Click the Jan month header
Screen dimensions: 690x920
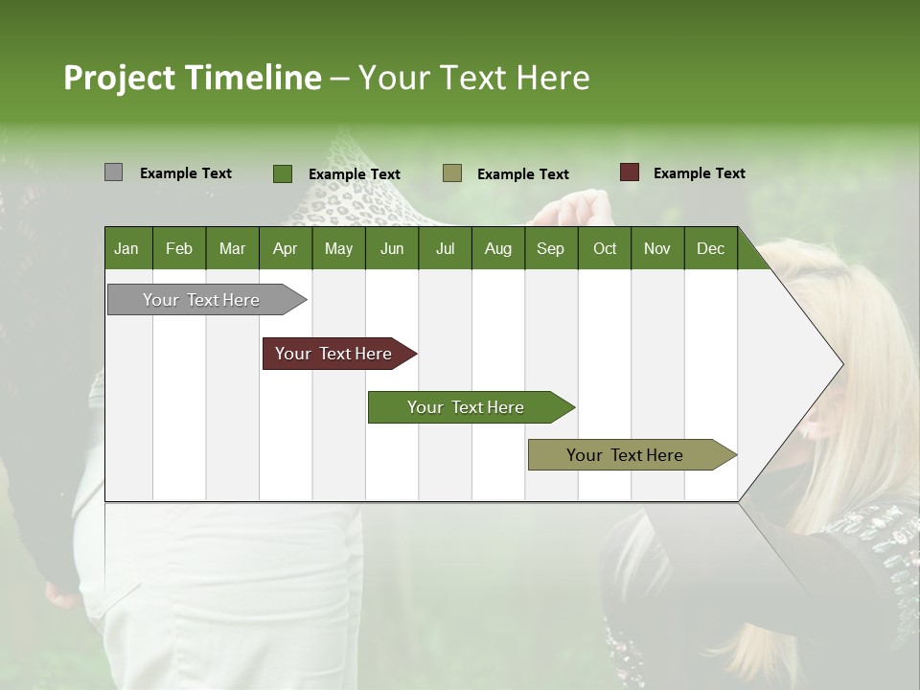point(126,248)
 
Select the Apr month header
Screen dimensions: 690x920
point(285,248)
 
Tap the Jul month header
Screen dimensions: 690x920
point(445,248)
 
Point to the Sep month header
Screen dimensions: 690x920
point(550,248)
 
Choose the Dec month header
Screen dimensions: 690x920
point(710,248)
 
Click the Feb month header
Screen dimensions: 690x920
point(179,248)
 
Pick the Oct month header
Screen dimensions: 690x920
point(605,248)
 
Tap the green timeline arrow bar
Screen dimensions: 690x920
point(467,407)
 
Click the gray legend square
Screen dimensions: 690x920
point(113,172)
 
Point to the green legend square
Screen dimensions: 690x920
point(282,173)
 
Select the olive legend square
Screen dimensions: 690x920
point(452,173)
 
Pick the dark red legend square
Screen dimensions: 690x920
point(629,172)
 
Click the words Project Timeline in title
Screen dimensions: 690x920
point(192,78)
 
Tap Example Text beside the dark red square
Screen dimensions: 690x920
point(699,172)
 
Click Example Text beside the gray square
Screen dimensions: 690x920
point(185,172)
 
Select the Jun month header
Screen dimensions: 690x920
point(392,248)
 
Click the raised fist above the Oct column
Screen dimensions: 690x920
point(583,207)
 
